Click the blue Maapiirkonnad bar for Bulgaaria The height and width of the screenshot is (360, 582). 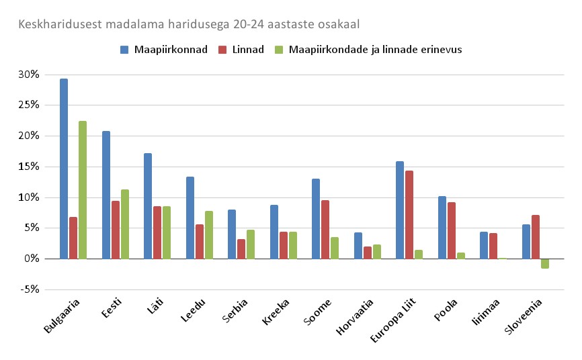coord(64,169)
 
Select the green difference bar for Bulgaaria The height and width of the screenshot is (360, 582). coord(83,190)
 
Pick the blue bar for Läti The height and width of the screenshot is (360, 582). coord(148,206)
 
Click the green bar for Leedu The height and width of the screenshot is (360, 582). coord(208,235)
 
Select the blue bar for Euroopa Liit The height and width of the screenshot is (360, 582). coord(400,210)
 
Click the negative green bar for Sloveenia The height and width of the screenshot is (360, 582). coord(545,263)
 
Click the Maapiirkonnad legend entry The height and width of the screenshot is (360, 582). coord(165,50)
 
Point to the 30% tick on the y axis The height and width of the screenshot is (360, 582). coord(30,75)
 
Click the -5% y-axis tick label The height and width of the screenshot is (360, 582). coord(30,289)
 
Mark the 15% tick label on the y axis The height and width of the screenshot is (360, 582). coord(30,167)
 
